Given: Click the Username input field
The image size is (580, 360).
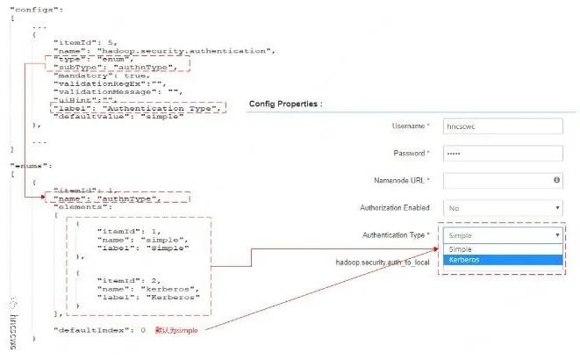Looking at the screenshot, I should pos(502,126).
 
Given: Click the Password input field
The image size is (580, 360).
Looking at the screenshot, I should pos(502,153).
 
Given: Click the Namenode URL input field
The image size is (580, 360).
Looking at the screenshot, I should pos(502,180).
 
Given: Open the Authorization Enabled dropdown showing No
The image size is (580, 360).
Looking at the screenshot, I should pos(502,208).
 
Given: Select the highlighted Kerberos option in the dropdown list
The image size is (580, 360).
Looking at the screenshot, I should pos(502,260).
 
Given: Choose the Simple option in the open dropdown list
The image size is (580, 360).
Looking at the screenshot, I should pos(502,249).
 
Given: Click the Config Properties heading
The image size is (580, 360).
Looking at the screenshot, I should pos(285,104).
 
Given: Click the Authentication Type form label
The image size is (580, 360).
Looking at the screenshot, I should pos(396,235).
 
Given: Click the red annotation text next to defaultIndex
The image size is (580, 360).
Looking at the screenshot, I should pos(176,330).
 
